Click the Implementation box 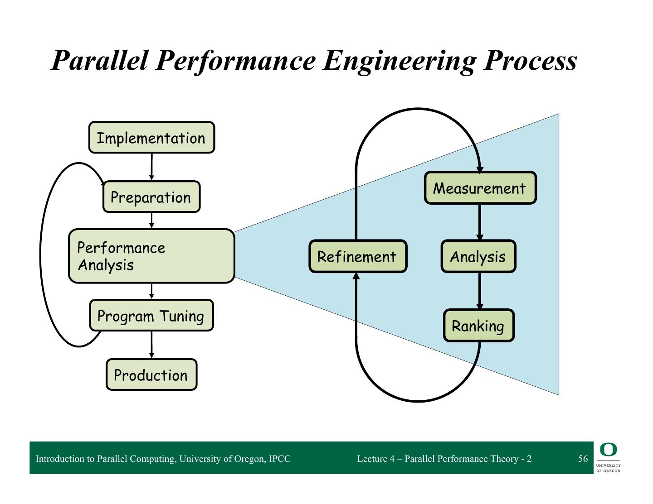point(151,138)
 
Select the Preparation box point(151,197)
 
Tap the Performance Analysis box point(151,256)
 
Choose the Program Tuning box point(151,316)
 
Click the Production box point(151,375)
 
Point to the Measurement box point(480,188)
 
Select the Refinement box point(357,257)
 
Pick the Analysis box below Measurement point(478,257)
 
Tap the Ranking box point(478,326)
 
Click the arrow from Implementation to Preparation point(151,167)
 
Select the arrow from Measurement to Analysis point(479,222)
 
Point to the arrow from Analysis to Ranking point(479,291)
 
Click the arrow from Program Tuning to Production point(151,345)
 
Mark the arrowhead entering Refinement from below point(356,276)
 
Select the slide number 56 point(583,459)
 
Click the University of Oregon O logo point(608,450)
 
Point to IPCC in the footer point(280,459)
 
